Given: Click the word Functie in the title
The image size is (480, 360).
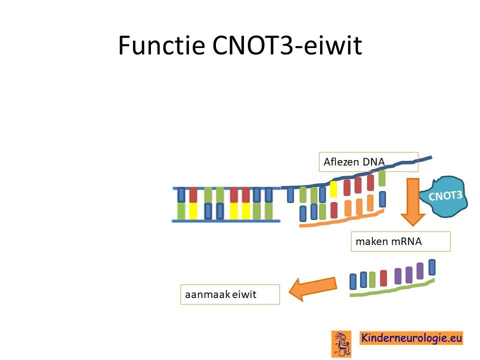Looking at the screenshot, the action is point(161,45).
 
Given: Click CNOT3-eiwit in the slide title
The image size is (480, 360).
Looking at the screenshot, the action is point(287,45).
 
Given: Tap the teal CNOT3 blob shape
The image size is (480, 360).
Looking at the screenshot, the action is point(444,196).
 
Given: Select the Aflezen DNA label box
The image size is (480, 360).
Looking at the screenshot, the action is point(368,161).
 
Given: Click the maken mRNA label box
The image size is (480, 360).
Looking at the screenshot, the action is point(400,241).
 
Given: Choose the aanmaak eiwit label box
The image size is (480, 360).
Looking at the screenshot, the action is point(230,294).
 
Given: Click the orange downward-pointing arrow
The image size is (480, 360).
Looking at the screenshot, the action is point(412,202).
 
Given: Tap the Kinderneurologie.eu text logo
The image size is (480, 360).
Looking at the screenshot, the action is point(411,338).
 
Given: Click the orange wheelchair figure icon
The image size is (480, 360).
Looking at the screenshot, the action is point(341,344).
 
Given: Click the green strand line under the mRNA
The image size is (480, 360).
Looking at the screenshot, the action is point(392,288).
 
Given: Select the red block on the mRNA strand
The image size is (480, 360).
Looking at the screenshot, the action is point(383,278).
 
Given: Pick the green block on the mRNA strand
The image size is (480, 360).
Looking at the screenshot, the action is point(372,279).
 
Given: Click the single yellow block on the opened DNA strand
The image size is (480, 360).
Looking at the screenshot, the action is point(333,189).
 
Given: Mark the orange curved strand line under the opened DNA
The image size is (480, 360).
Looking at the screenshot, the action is point(341,219).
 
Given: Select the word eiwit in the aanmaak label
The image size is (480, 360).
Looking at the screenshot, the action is point(244,294).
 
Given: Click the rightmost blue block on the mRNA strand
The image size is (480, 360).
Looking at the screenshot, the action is point(432,267).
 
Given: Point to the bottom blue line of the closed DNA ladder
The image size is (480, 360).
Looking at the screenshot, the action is point(226,221).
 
